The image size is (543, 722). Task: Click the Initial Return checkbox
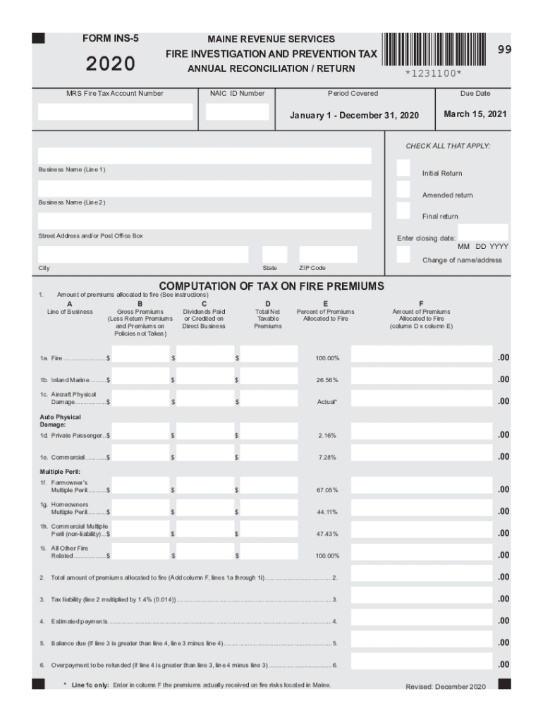[403, 168]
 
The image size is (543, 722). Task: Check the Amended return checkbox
[403, 190]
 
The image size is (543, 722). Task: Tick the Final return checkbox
[403, 211]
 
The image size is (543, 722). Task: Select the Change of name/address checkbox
[403, 255]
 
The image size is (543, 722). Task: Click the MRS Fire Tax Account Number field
[115, 112]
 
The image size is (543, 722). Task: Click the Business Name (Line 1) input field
[205, 157]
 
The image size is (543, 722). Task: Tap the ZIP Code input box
[328, 255]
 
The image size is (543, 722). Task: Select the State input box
[274, 255]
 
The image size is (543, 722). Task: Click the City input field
[143, 255]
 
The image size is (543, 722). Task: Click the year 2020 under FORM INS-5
[111, 64]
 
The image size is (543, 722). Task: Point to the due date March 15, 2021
[475, 114]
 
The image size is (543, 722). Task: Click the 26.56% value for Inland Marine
[327, 380]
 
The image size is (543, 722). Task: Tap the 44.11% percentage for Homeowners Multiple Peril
[327, 512]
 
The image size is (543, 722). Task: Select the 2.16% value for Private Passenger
[327, 436]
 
